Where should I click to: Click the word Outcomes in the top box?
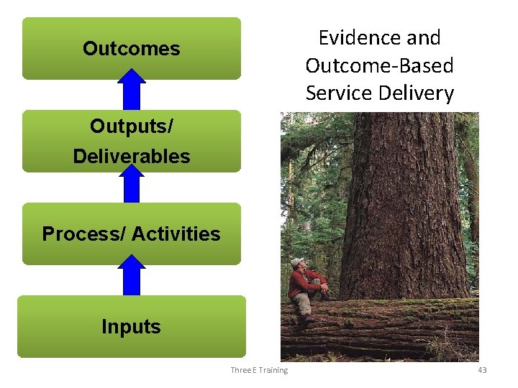pyautogui.click(x=131, y=49)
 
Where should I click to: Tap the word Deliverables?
pyautogui.click(x=131, y=156)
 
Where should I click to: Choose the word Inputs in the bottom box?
pyautogui.click(x=131, y=327)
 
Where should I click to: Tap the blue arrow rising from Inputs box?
pyautogui.click(x=131, y=276)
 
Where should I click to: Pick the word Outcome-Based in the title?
pyautogui.click(x=379, y=65)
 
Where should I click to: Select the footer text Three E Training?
pyautogui.click(x=259, y=370)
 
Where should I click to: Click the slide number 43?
pyautogui.click(x=482, y=370)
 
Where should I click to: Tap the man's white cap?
pyautogui.click(x=296, y=262)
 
